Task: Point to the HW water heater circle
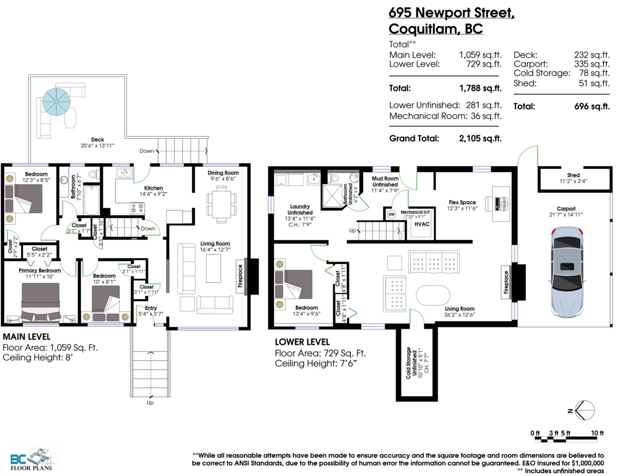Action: (391, 214)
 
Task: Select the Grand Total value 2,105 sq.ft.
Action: (480, 139)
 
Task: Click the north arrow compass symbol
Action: (584, 411)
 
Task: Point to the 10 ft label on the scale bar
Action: (597, 433)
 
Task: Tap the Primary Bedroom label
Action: (40, 270)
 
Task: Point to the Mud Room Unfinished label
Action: (385, 181)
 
